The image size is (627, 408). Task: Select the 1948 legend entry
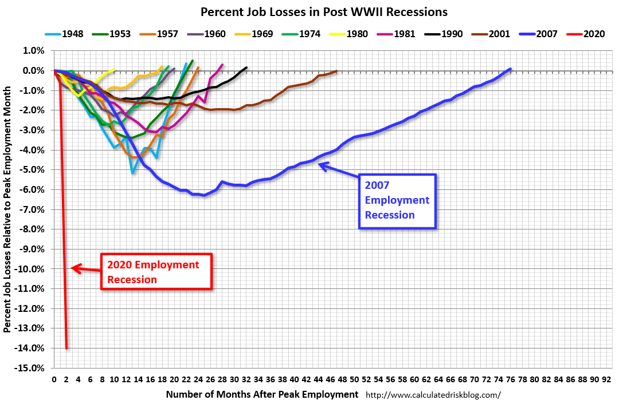[x=64, y=34]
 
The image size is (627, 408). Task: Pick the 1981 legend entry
[x=403, y=34]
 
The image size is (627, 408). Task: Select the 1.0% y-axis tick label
[x=34, y=50]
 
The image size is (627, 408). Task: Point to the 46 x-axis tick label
[x=330, y=378]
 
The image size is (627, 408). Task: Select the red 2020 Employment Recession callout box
[x=156, y=272]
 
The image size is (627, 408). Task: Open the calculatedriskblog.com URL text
[x=433, y=395]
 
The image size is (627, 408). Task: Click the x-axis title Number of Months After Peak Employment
[x=262, y=394]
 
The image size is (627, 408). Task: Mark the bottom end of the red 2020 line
[x=66, y=347]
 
